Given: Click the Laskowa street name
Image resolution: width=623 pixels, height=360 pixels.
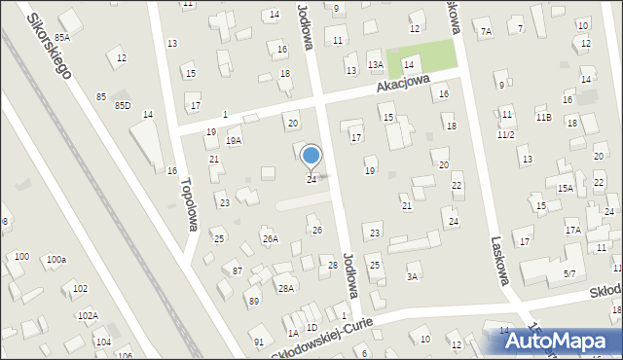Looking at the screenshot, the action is [501, 262].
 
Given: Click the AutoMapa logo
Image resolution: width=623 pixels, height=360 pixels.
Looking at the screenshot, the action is [560, 340].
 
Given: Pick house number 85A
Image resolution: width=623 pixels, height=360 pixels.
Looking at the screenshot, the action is [62, 37].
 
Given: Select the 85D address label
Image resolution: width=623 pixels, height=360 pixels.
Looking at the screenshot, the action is [122, 105].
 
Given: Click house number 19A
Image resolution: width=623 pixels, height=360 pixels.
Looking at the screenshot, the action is [234, 140].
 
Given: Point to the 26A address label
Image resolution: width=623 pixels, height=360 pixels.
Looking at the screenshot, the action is [270, 238].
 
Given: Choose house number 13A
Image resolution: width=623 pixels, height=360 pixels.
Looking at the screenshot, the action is [375, 64].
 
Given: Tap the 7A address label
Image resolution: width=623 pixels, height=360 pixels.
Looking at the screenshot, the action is [486, 32].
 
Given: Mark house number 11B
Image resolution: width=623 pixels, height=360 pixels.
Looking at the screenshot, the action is [543, 118].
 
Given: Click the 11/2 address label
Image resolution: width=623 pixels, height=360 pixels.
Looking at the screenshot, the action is [505, 135].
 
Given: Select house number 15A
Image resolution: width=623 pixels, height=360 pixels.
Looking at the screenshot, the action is [565, 189].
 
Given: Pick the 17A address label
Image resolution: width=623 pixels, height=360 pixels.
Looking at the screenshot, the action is [573, 231].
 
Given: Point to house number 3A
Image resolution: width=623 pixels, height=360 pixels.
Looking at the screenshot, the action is [412, 277].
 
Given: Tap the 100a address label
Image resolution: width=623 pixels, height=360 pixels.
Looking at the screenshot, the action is [56, 260].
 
